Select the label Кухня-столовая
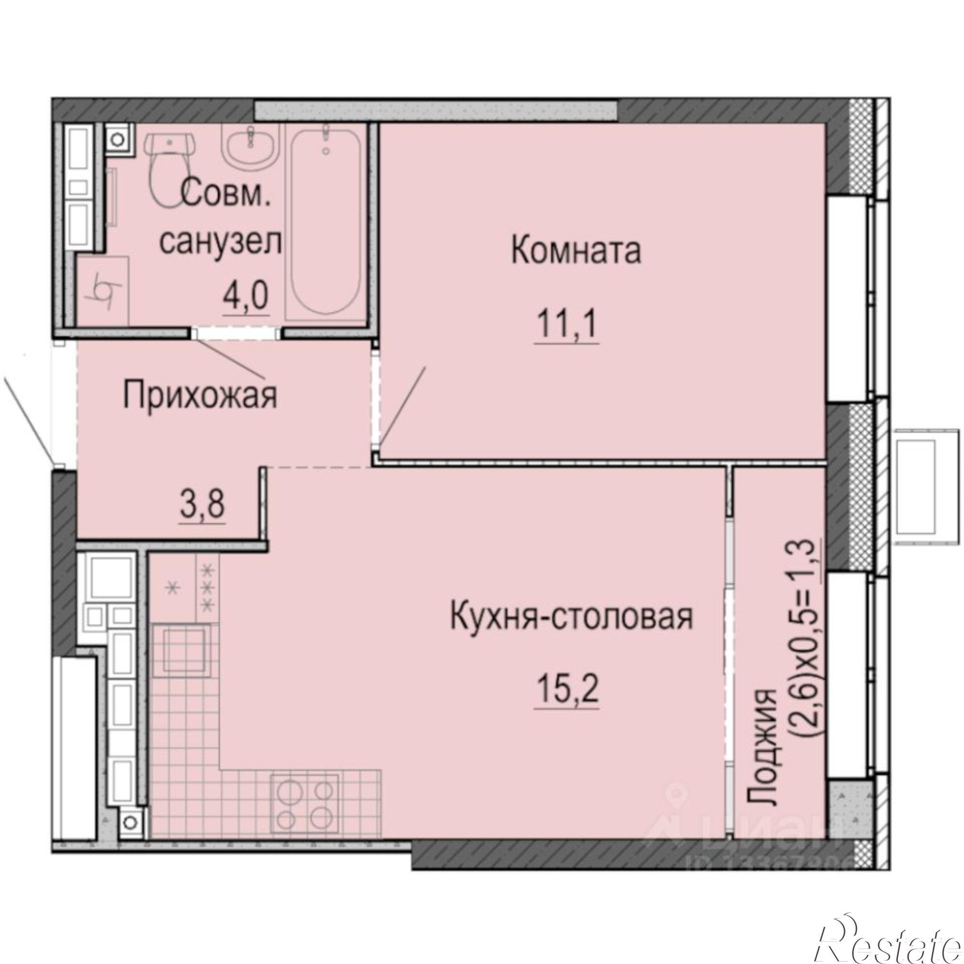tap(571, 617)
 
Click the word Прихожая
tap(200, 397)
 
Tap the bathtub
tap(325, 219)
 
